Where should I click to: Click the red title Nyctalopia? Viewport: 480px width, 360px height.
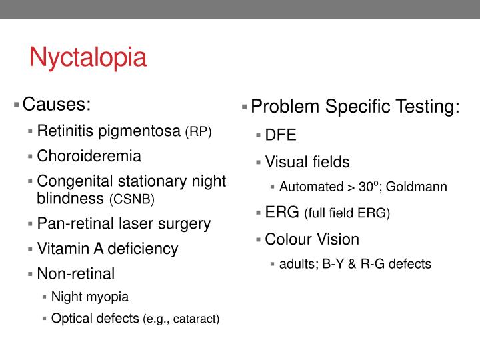coord(87,57)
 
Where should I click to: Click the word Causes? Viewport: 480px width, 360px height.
coord(56,105)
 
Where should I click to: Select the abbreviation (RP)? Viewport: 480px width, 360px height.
coord(198,132)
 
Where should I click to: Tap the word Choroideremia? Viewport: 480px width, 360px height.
coord(89,156)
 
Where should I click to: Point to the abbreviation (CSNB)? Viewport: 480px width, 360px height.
coord(131,199)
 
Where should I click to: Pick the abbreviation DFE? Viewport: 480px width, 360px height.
coord(281,136)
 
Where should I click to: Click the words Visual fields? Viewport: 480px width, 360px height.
coord(307,161)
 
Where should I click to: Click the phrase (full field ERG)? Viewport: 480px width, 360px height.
coord(347,213)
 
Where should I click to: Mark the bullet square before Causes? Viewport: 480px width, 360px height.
coord(16,105)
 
